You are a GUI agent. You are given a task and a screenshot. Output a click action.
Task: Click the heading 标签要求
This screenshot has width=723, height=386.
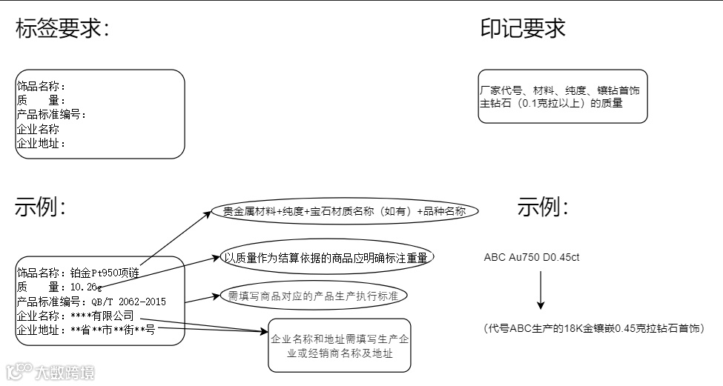(62, 29)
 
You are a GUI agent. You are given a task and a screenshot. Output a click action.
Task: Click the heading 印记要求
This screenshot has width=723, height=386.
(523, 29)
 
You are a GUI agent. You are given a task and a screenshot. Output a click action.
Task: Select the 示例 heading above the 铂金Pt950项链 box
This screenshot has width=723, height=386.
(40, 207)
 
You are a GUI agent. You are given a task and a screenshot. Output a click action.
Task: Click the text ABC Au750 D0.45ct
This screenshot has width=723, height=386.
(531, 257)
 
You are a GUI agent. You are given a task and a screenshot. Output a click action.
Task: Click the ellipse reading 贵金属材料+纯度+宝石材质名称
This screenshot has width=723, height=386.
(344, 211)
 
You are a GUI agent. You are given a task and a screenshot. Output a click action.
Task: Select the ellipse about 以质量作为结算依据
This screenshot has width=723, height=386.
(327, 257)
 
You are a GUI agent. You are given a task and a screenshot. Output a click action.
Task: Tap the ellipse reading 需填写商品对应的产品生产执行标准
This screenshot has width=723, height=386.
(314, 296)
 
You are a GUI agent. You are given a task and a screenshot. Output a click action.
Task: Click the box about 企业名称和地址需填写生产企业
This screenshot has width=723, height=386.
(339, 345)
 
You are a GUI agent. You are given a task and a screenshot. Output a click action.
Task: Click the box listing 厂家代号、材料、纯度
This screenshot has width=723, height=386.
(563, 96)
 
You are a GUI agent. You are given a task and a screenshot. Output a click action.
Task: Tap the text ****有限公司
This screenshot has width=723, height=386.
(102, 316)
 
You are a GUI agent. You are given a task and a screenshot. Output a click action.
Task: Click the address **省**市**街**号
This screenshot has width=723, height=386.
(112, 330)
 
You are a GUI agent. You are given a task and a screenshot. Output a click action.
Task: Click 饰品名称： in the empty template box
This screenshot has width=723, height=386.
(42, 87)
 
